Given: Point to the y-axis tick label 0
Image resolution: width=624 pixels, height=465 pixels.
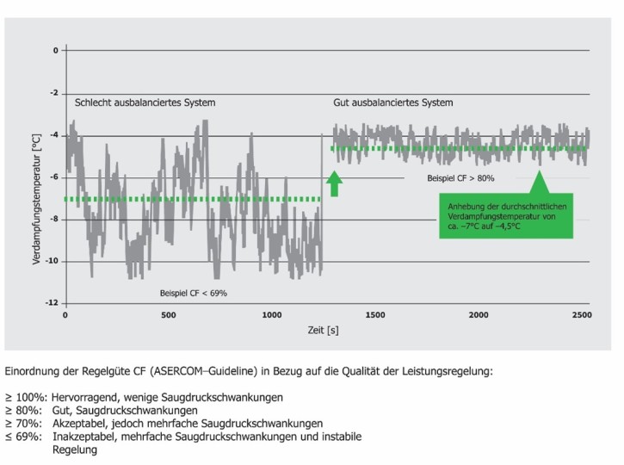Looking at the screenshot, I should coord(54,50).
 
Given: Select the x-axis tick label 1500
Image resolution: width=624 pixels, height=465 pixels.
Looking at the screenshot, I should coord(375,315).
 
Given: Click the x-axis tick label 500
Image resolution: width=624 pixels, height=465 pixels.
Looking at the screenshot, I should coord(169,315).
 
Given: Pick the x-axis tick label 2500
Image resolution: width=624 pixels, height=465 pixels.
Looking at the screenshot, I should coord(581,315).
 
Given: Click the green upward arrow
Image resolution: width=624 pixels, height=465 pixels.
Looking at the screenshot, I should coord(335,183).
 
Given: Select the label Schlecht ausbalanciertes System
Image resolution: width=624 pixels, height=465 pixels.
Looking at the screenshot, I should coord(144,102).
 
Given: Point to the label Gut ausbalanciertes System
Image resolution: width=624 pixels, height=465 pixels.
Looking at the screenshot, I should coord(392,102).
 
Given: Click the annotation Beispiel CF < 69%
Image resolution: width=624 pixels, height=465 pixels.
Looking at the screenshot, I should coord(194,294).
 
